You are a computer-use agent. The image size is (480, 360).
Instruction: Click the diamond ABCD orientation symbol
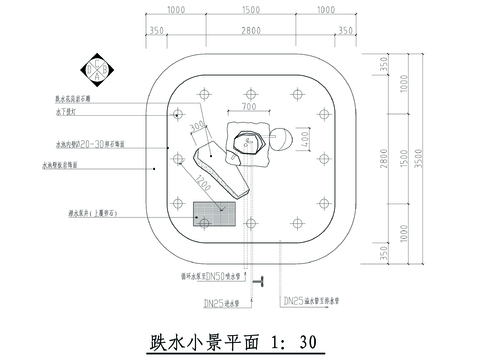pos(96,69)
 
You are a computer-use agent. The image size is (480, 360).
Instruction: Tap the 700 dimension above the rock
pos(249,105)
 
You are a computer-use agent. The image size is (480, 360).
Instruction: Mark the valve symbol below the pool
pos(262,283)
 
